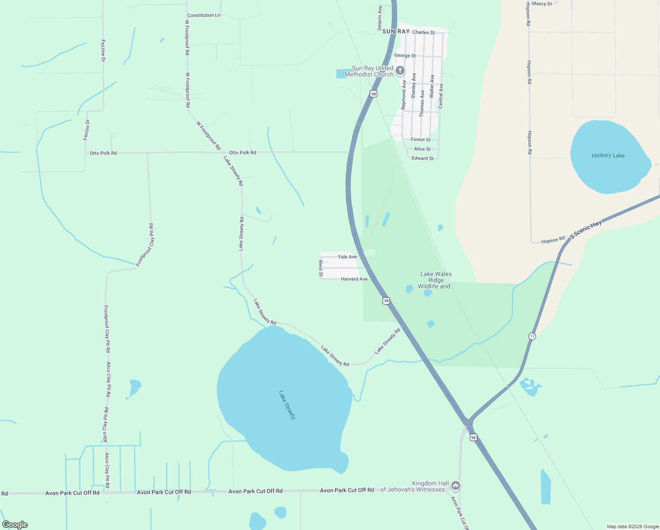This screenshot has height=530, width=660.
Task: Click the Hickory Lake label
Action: pos(608,155)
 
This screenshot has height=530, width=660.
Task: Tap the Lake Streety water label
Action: pos(287,405)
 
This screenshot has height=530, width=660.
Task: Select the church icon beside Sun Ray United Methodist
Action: pos(400,71)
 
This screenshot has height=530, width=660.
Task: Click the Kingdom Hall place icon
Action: pos(456,486)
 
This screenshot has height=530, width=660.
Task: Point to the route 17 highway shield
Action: pos(532,336)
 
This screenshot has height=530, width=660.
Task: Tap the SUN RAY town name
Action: pos(396,31)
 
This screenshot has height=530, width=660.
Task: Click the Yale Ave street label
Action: pos(347,257)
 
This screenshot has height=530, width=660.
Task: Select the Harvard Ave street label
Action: pos(354,279)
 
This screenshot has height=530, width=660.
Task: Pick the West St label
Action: pos(321,269)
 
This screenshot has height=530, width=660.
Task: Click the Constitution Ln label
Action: pos(203,15)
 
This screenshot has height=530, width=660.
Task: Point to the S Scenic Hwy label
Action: pos(585,230)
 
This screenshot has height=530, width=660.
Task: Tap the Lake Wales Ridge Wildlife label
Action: pos(436,280)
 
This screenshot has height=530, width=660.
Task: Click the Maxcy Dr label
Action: pos(542,4)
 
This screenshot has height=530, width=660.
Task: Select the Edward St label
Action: pos(422,158)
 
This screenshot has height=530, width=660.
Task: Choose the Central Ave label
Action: pos(441,96)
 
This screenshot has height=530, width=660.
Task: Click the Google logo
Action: pos(15,524)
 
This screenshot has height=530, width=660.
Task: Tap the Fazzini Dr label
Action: pos(86,130)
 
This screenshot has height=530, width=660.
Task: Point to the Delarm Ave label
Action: pos(380,18)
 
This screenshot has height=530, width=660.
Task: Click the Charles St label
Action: pos(423,32)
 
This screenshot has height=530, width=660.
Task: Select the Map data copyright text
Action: pos(633,526)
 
